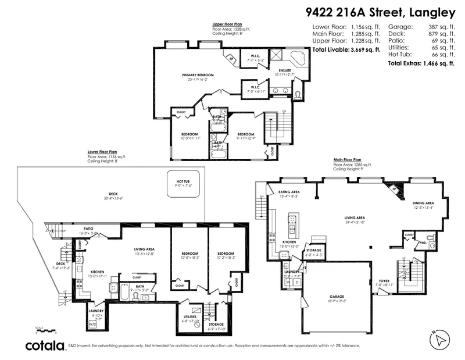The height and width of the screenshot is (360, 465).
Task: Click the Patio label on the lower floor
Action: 88,229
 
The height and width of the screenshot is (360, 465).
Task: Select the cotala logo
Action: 44,346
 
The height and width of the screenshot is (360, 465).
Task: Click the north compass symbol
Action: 439,339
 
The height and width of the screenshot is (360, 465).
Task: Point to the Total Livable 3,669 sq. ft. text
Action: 346,50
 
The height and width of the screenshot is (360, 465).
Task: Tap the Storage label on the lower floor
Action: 216,325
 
